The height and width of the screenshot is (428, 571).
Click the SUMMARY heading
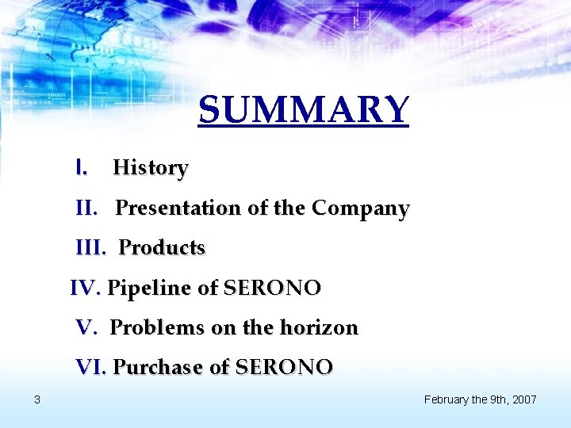pos(304,110)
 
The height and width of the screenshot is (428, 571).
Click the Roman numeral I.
pos(81,168)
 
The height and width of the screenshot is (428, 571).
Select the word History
pos(151,168)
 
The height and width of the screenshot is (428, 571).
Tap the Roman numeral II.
pos(86,208)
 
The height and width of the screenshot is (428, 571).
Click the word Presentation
pos(178,208)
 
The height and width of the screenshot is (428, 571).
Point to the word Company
pos(360,208)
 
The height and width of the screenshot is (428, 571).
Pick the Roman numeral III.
pos(90,248)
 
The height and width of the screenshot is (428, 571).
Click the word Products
pos(162,248)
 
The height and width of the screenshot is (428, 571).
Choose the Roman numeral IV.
pos(85,288)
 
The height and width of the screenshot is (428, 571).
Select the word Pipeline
pos(149,288)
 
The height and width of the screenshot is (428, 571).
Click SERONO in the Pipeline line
pos(272,288)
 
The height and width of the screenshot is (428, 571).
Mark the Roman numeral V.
pos(86,327)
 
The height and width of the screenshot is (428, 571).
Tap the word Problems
pos(155,327)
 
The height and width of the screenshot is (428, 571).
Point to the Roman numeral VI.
pos(91,367)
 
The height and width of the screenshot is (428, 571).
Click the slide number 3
pos(37,399)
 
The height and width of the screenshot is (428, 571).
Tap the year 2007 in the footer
pos(524,399)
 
